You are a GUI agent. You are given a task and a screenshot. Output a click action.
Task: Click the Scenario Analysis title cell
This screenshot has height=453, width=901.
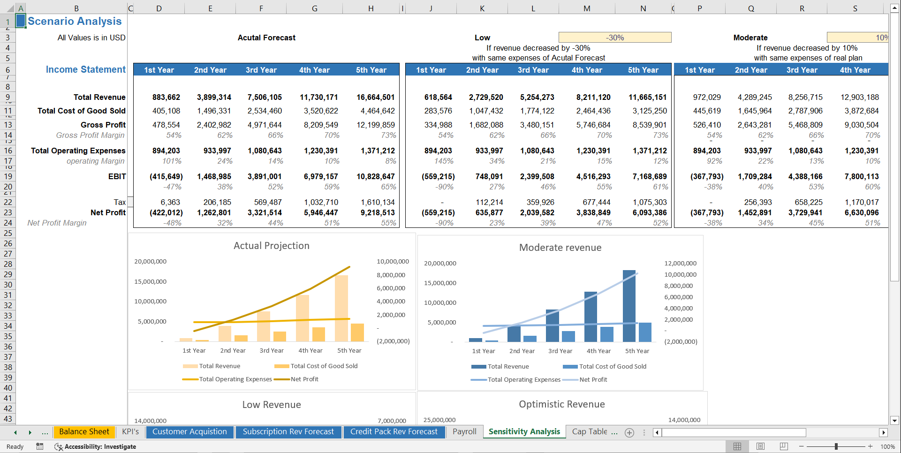(x=75, y=21)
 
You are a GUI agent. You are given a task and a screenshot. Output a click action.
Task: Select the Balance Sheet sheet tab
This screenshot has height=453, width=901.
(x=84, y=432)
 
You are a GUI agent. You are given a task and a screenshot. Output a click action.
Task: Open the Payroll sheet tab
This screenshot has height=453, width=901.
(x=464, y=432)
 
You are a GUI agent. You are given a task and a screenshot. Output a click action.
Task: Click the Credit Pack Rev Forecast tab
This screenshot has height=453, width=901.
(x=394, y=432)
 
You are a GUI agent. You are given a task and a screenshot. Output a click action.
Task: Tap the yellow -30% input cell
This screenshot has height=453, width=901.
(x=614, y=38)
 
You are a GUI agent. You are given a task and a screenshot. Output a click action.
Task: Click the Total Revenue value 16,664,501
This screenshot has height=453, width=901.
(x=375, y=97)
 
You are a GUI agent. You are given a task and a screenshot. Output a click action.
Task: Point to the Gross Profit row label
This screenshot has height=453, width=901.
(x=103, y=125)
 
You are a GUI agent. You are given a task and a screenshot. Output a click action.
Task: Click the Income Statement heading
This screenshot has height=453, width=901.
(x=85, y=69)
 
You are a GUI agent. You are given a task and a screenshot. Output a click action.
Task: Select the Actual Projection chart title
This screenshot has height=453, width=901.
(x=272, y=246)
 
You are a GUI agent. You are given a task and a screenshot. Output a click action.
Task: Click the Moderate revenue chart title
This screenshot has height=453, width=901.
(x=560, y=248)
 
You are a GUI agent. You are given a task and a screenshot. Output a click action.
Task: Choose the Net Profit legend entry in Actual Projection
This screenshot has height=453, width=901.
(x=304, y=379)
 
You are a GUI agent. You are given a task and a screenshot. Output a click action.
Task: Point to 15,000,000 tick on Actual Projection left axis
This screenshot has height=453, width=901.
(x=150, y=281)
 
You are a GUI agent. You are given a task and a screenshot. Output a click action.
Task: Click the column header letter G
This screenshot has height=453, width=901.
(x=314, y=8)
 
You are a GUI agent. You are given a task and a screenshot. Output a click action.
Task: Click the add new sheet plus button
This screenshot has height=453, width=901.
(x=629, y=432)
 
